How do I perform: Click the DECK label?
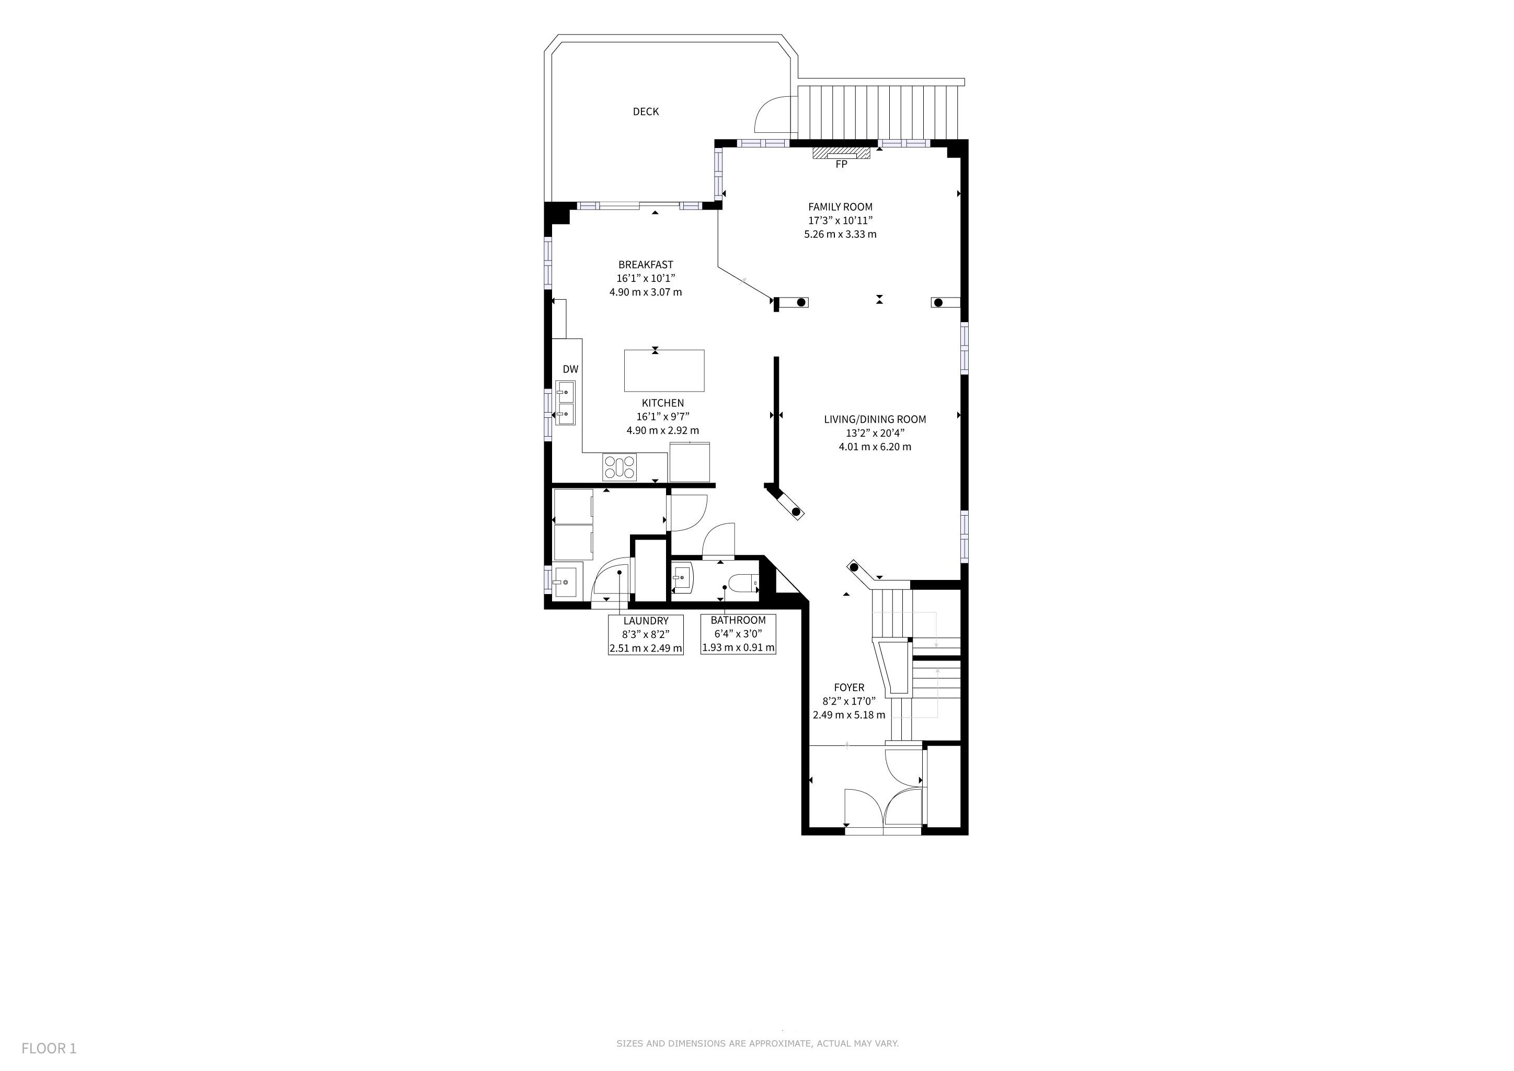(x=646, y=111)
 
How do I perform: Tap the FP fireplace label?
(x=841, y=164)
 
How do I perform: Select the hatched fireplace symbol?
(x=841, y=153)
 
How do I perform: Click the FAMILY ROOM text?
(x=840, y=207)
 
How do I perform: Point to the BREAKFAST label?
(x=646, y=265)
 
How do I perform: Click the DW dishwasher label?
(x=570, y=369)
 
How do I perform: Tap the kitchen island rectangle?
(x=664, y=371)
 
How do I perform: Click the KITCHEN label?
(x=663, y=403)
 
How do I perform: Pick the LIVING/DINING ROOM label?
(x=875, y=419)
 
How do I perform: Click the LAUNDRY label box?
(x=646, y=634)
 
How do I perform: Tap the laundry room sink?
(x=568, y=580)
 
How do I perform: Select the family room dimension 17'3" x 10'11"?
(x=840, y=220)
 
